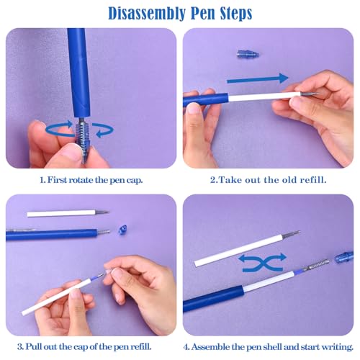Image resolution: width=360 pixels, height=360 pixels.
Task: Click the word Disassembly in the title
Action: click(147, 14)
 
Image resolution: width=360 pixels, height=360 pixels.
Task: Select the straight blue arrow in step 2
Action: click(258, 79)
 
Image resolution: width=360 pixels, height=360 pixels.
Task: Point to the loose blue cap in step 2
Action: click(248, 54)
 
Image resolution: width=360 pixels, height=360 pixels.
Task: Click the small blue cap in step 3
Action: click(123, 230)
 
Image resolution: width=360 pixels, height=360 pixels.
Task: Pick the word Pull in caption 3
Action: click(33, 346)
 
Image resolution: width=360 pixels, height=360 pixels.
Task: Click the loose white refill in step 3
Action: click(68, 213)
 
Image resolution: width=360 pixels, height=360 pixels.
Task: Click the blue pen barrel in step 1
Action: click(78, 73)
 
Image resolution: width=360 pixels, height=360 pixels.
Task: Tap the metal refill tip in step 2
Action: click(309, 94)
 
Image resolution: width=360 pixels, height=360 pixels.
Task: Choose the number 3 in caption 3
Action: click(20, 347)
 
